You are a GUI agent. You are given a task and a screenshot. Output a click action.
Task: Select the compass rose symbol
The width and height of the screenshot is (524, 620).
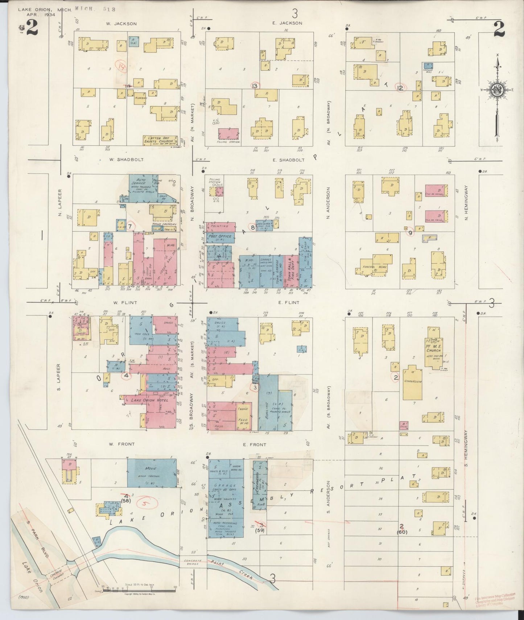[496, 91]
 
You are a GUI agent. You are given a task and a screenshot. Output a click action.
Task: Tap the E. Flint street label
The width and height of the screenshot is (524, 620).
[289, 302]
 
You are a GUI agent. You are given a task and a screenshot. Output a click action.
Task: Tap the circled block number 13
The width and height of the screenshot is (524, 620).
[255, 86]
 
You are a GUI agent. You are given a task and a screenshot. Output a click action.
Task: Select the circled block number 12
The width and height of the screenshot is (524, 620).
[400, 87]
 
